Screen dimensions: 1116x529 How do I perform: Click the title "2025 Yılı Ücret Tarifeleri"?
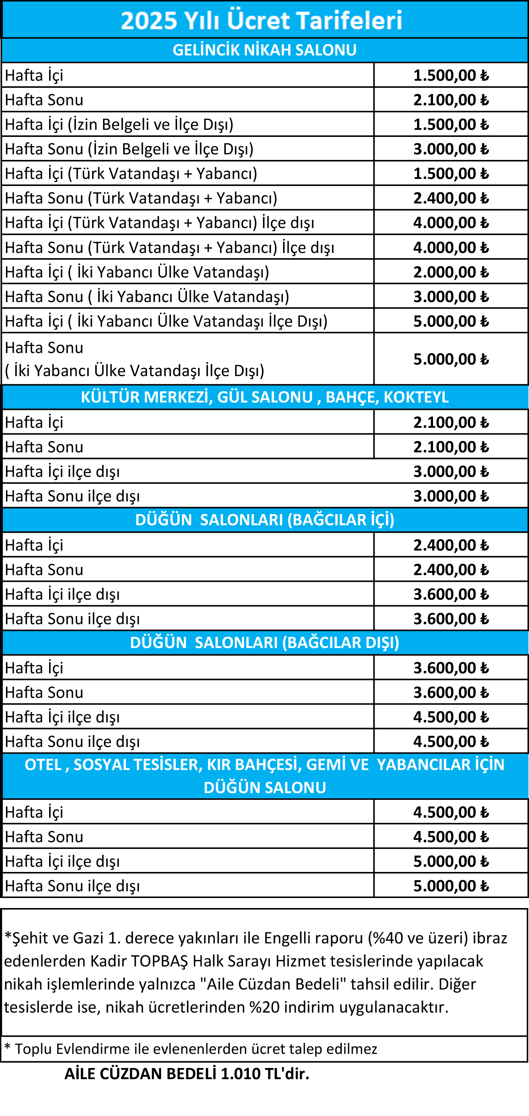(x=262, y=20)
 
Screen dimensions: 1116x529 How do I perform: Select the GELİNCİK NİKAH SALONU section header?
(x=264, y=50)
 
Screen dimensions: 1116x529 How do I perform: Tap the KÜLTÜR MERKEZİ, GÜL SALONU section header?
(x=264, y=397)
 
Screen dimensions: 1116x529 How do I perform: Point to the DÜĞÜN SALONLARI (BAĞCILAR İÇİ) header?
(x=264, y=519)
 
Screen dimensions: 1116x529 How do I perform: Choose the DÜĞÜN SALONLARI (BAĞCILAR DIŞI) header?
(x=264, y=642)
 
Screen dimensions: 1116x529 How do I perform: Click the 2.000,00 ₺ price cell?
(x=451, y=272)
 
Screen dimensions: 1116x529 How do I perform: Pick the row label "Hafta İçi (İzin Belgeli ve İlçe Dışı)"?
(x=119, y=124)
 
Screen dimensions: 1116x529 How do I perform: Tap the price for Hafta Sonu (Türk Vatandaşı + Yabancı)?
(x=451, y=198)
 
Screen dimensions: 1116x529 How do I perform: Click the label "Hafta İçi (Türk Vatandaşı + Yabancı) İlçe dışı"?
(x=160, y=223)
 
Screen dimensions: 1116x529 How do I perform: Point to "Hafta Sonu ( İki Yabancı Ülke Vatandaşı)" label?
(x=147, y=297)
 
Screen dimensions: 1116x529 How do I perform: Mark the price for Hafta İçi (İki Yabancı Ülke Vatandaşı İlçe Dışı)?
(x=451, y=321)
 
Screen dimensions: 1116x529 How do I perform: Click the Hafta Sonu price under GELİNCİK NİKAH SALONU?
(x=451, y=100)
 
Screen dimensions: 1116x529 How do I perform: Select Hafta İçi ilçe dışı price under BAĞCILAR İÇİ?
(x=451, y=594)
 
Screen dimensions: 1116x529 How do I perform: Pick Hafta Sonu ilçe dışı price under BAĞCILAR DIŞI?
(x=451, y=741)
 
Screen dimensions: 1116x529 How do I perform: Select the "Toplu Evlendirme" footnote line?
(x=190, y=1049)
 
